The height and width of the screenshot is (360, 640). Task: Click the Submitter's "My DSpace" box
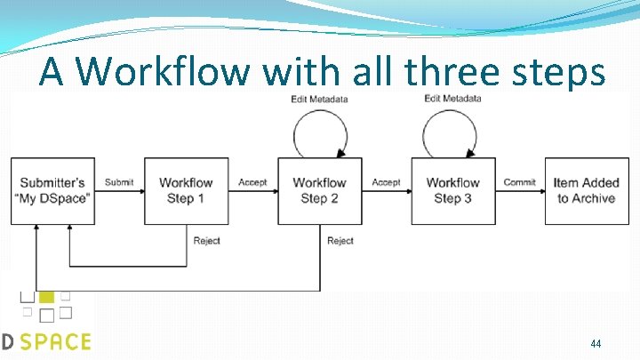[x=52, y=190]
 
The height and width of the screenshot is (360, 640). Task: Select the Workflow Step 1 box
[x=186, y=190]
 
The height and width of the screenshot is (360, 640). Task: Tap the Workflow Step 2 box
[x=319, y=190]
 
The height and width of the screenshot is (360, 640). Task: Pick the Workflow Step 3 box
[x=452, y=190]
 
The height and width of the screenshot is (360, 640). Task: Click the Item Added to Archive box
[x=586, y=190]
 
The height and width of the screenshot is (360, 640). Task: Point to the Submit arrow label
[x=119, y=182]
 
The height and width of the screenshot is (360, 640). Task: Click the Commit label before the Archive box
[x=519, y=182]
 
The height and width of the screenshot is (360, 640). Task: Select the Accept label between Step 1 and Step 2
[x=252, y=182]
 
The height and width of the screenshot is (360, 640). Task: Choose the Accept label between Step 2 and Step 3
[x=386, y=182]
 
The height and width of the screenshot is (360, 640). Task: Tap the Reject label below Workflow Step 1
[x=207, y=240]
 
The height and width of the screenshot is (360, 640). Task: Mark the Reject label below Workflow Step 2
[x=340, y=240]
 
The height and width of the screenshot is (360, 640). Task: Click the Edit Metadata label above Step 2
[x=319, y=99]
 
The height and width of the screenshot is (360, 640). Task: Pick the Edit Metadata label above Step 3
[x=452, y=99]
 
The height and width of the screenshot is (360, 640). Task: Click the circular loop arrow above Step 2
[x=319, y=133]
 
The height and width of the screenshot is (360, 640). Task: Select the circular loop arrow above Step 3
[x=452, y=133]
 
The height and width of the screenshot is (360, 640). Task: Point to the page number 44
[x=596, y=343]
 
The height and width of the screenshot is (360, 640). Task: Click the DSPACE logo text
[x=46, y=341]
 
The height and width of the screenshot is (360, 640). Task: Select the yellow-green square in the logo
[x=47, y=296]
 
